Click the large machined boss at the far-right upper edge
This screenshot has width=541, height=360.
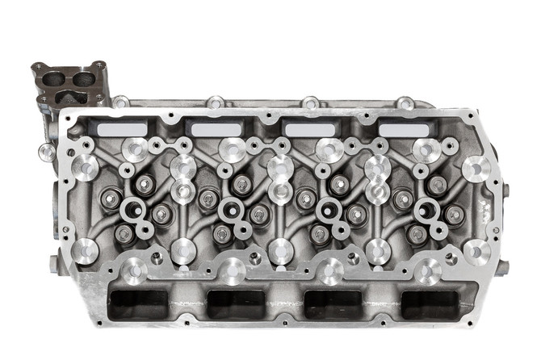[477, 168]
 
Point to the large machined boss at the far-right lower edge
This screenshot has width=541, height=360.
[477, 251]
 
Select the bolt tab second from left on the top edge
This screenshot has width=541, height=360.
[216, 103]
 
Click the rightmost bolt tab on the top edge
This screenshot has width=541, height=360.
[406, 103]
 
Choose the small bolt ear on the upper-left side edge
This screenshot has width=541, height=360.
[48, 151]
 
